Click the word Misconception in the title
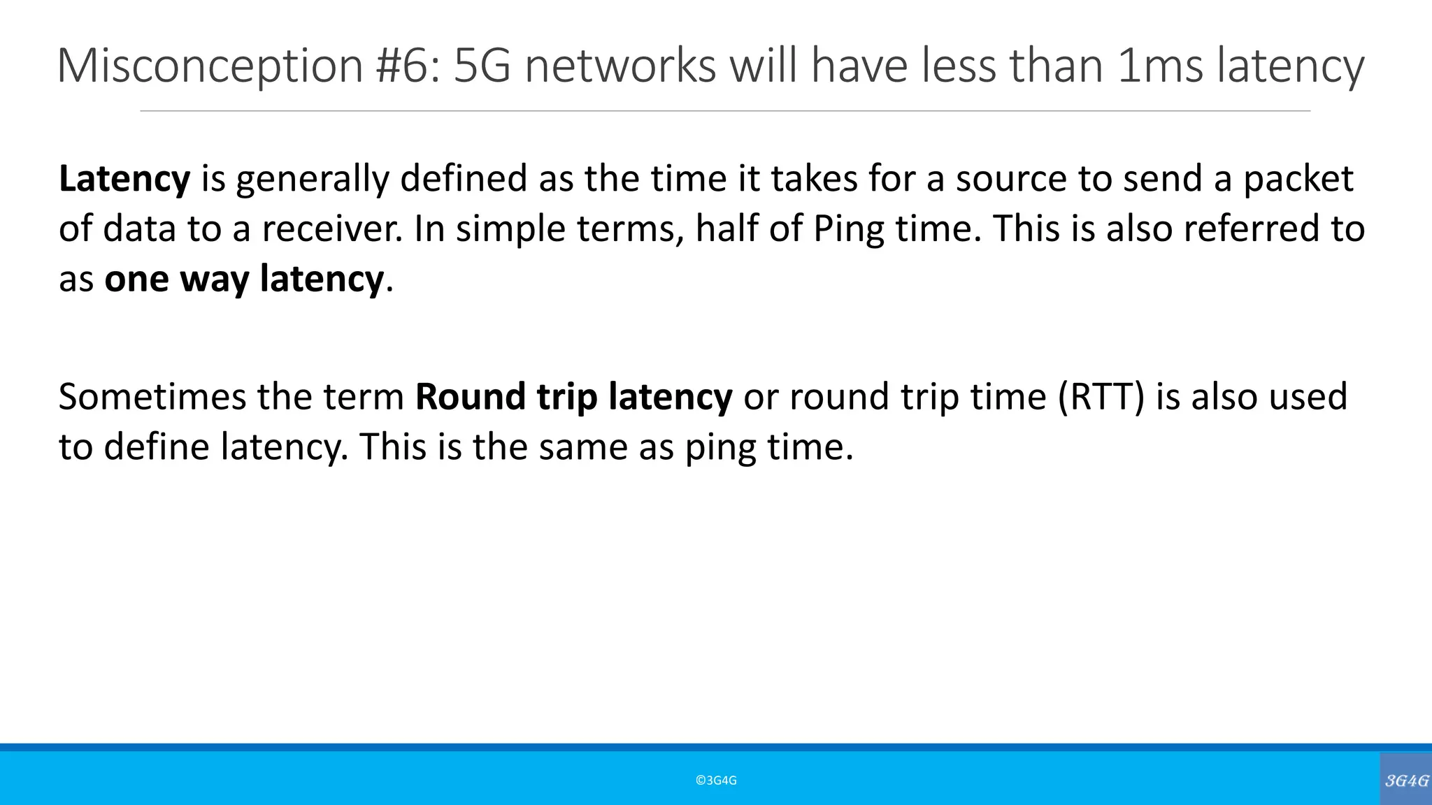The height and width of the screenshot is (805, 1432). (x=210, y=66)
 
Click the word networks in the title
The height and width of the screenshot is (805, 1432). (x=620, y=66)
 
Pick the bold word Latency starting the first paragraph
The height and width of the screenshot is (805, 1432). (x=124, y=179)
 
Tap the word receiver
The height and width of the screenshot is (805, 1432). (x=331, y=229)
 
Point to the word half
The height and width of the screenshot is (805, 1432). (x=726, y=229)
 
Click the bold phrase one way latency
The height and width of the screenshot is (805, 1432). (x=244, y=279)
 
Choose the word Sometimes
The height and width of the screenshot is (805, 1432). (x=152, y=396)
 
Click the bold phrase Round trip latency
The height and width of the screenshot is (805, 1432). (x=573, y=396)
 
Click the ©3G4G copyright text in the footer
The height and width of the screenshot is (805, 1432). (x=716, y=781)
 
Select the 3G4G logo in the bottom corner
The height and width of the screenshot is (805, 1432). (x=1406, y=780)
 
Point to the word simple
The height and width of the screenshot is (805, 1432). (x=510, y=229)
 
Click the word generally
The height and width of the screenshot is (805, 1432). (x=312, y=179)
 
